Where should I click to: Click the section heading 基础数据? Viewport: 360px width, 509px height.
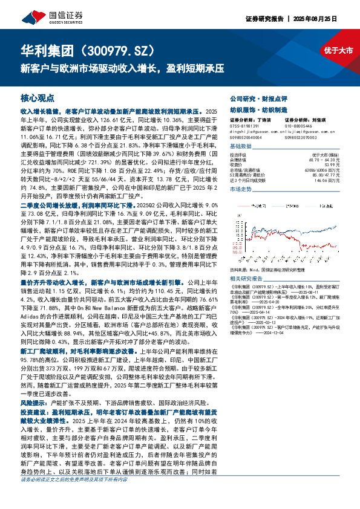point(241,147)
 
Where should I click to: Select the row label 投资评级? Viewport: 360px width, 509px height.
point(238,155)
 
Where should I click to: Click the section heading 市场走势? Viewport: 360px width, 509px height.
point(241,189)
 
